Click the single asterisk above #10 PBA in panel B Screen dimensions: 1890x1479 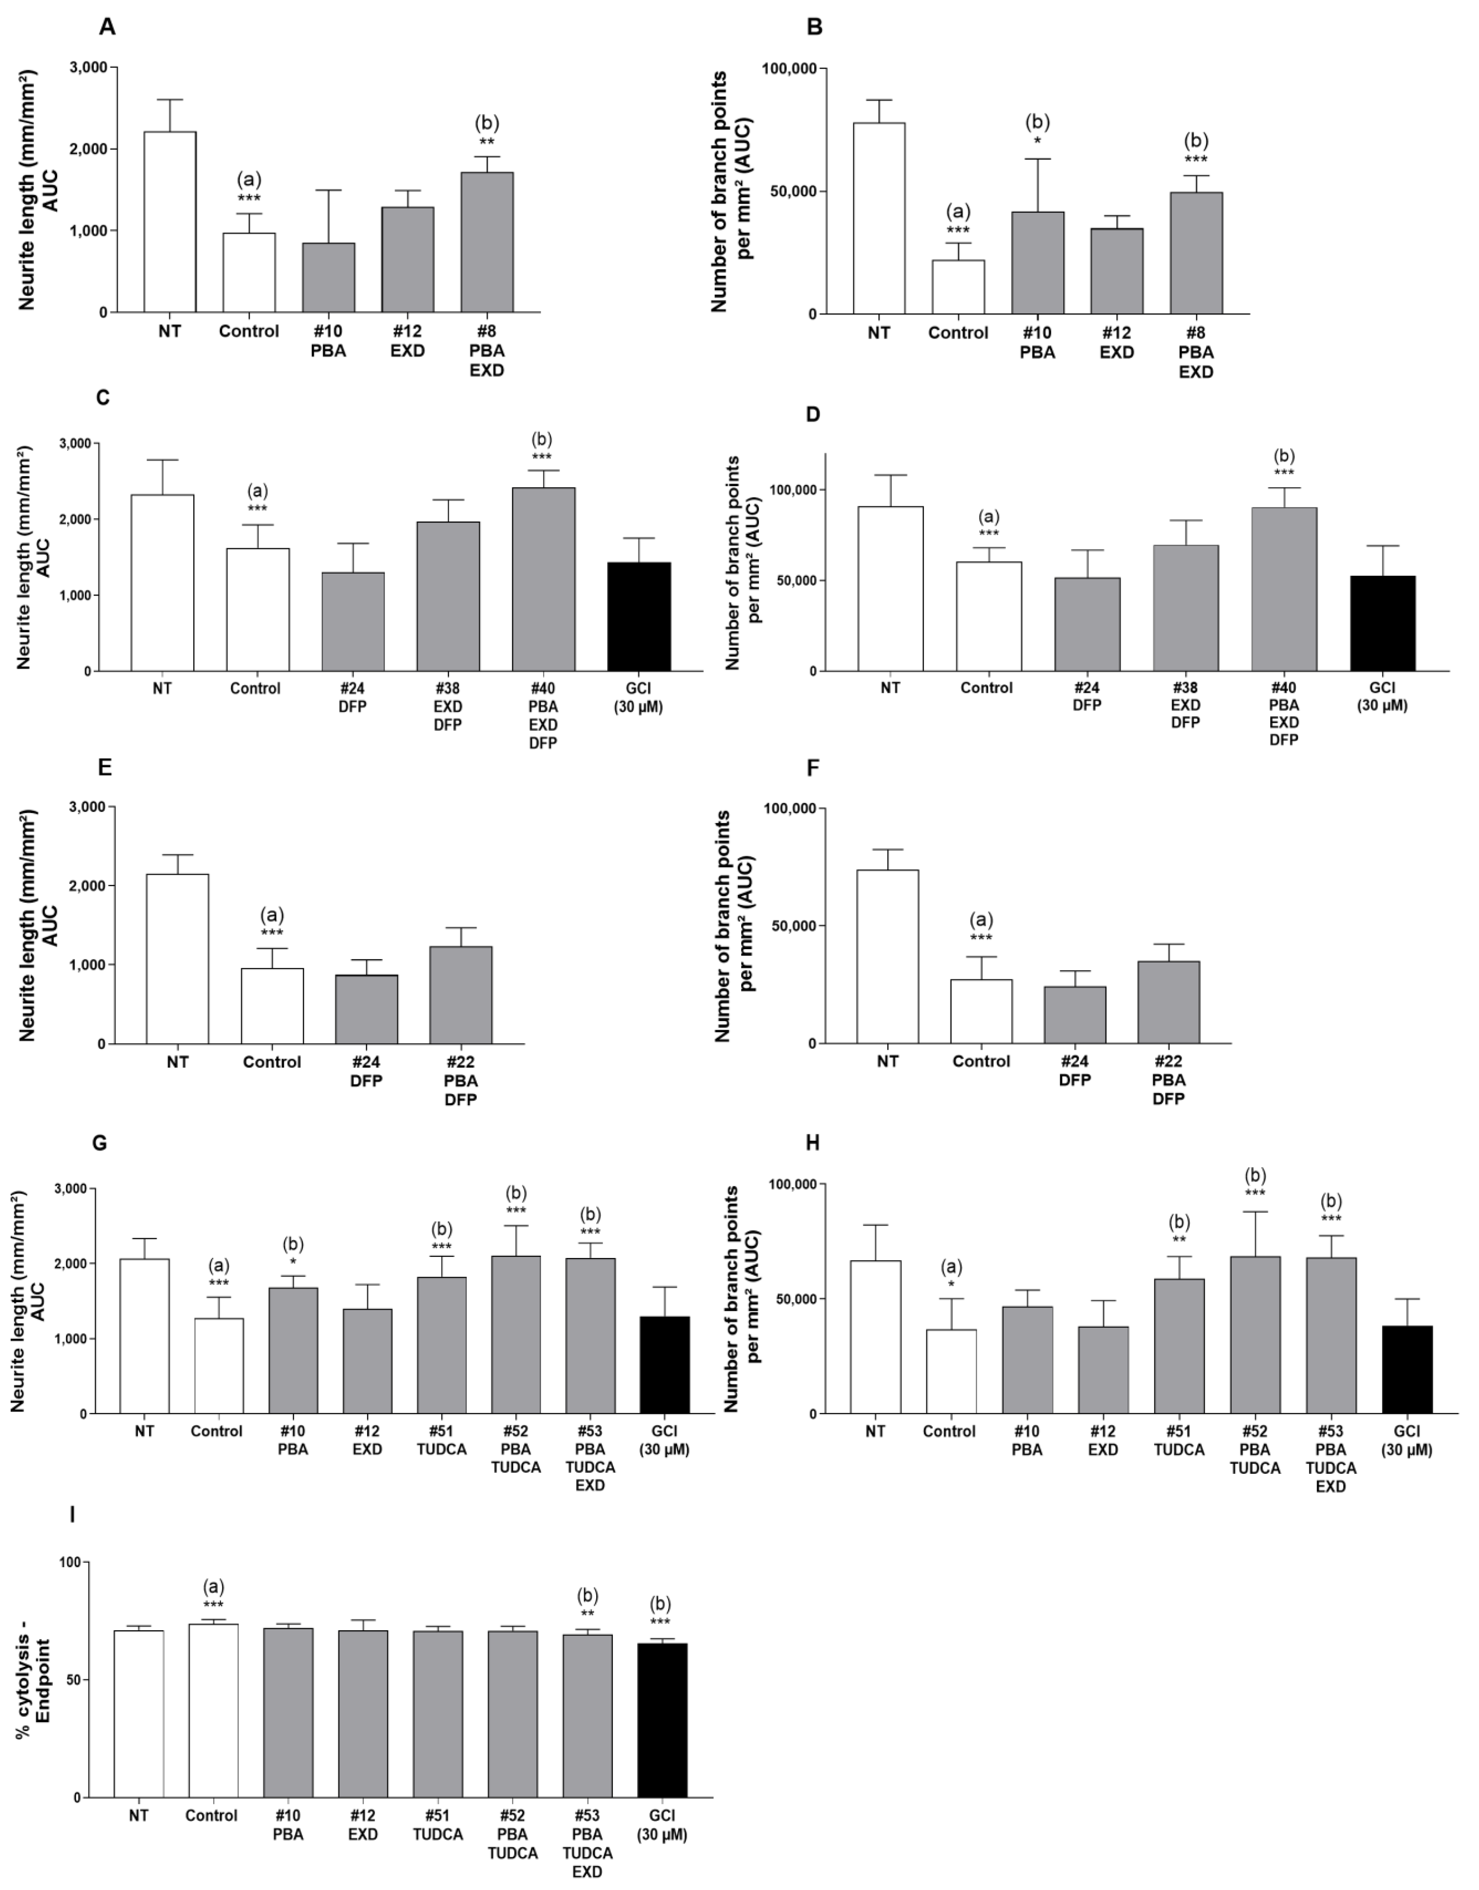coord(1037,141)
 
